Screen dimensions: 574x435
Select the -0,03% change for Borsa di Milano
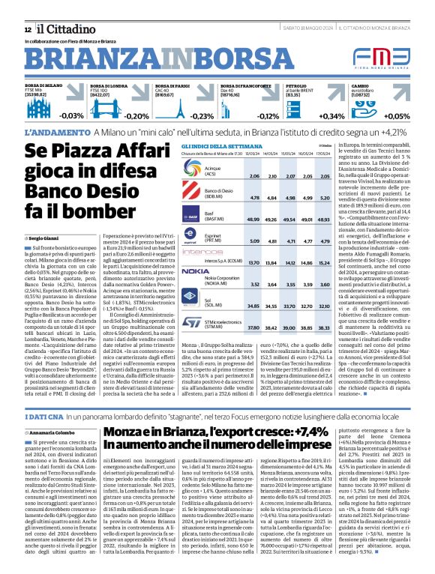(71, 116)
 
